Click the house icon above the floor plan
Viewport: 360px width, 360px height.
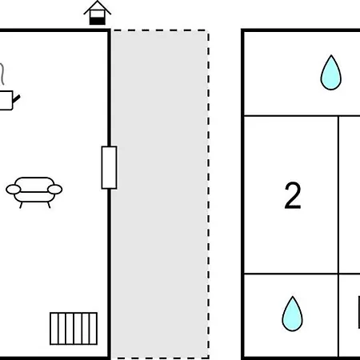[x=98, y=13]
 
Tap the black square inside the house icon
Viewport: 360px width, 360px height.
[x=97, y=21]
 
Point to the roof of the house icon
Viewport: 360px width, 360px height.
[x=98, y=7]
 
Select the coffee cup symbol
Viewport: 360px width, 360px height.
[x=9, y=100]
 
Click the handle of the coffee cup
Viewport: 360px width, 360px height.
[x=16, y=98]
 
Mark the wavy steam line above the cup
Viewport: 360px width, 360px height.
[x=2, y=74]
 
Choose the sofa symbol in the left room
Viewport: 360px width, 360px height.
[x=34, y=192]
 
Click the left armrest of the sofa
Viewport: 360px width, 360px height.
[x=14, y=190]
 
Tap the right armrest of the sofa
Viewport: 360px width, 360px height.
[x=55, y=190]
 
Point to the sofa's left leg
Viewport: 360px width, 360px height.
[x=21, y=205]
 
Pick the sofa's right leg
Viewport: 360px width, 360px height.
[x=49, y=205]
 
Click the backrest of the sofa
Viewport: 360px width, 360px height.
[x=34, y=184]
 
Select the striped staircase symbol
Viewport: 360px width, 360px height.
[x=74, y=329]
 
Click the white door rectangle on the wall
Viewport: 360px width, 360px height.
[x=109, y=167]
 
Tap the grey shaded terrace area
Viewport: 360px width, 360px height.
[x=160, y=194]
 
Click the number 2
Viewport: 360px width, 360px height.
[x=293, y=195]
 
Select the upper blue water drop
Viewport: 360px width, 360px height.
[x=331, y=73]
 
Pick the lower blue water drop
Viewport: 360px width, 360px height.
[x=293, y=314]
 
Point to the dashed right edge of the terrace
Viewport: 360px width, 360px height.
[x=208, y=194]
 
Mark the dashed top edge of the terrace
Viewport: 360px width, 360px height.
[x=160, y=30]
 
